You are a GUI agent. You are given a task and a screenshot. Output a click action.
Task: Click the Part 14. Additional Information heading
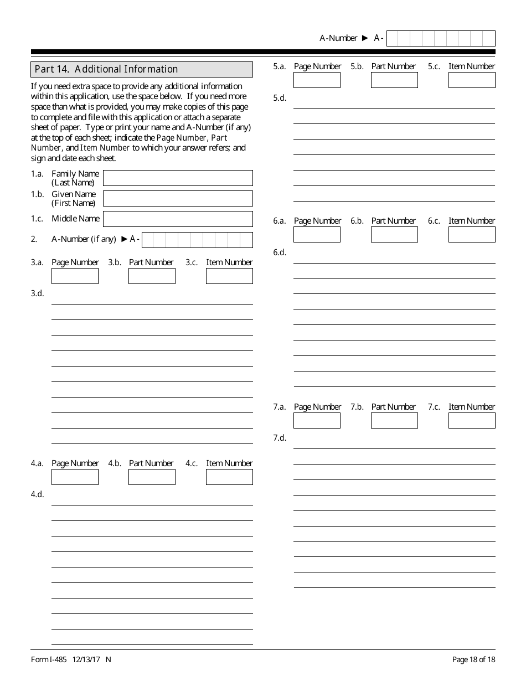[x=106, y=69]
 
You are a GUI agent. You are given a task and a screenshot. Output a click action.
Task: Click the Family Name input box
[x=178, y=178]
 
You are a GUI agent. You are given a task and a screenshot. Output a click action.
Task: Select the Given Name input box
[x=178, y=198]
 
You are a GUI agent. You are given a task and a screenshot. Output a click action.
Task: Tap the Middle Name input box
[x=178, y=219]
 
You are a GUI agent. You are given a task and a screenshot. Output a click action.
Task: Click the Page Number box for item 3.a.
[x=75, y=276]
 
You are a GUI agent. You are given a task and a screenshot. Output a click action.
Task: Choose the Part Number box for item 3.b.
[x=152, y=276]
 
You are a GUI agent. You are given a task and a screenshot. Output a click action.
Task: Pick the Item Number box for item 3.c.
[x=229, y=276]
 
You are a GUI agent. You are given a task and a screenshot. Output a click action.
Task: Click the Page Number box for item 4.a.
[x=75, y=477]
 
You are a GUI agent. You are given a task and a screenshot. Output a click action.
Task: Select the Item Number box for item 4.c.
[x=229, y=477]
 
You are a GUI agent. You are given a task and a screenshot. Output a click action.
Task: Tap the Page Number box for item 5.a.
[x=317, y=80]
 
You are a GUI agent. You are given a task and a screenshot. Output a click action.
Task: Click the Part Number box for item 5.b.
[x=394, y=80]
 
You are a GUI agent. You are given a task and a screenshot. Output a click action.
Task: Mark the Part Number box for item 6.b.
[x=394, y=234]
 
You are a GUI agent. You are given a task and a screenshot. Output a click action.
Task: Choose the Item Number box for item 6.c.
[x=472, y=234]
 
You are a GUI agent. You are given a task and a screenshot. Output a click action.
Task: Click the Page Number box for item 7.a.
[x=317, y=420]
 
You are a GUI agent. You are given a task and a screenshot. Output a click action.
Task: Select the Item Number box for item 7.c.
[x=472, y=420]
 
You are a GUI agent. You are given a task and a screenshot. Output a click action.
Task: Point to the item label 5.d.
[x=280, y=98]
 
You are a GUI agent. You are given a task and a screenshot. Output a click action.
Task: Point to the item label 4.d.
[x=37, y=494]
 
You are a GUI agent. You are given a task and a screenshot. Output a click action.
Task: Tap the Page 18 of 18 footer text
[x=473, y=659]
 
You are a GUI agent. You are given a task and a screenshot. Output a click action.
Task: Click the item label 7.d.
[x=280, y=438]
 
